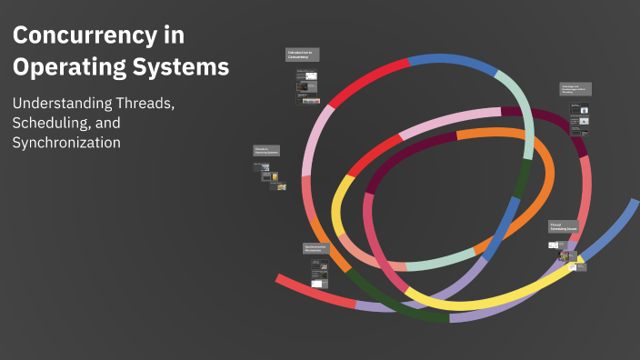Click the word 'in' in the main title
(175, 36)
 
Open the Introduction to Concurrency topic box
(302, 55)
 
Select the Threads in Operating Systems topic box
(267, 150)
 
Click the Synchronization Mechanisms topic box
(315, 248)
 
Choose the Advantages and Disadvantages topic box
(575, 90)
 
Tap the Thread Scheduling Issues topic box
(563, 227)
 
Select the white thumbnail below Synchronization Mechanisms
(318, 283)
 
